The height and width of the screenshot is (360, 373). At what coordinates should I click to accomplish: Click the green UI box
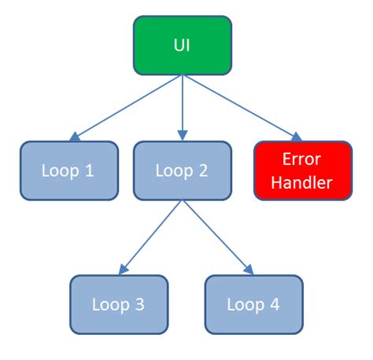[183, 45]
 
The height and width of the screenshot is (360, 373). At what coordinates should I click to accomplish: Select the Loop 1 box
[68, 171]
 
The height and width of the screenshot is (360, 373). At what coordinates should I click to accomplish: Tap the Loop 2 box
[183, 171]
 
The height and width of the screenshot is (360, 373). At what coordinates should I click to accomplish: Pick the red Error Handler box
[303, 171]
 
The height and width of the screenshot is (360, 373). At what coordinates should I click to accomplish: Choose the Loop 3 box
[119, 304]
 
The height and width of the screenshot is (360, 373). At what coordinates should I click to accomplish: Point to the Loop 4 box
[253, 304]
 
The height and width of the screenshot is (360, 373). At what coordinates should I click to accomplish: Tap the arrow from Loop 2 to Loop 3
[151, 237]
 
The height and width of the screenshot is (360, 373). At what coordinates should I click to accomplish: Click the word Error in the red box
[303, 159]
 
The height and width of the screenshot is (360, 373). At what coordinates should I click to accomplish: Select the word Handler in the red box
[303, 183]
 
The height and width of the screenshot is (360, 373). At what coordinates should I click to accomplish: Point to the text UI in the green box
[183, 45]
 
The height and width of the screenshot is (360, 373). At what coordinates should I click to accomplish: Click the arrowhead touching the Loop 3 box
[123, 270]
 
